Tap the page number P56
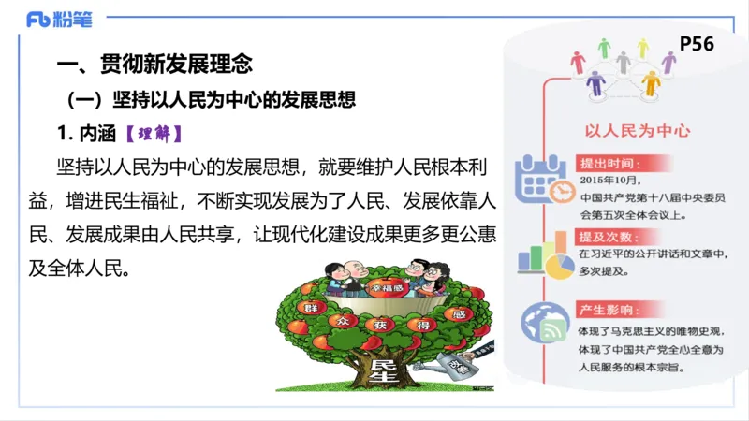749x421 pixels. [x=696, y=45]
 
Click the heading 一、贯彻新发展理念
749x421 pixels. [x=154, y=65]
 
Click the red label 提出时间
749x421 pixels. [x=608, y=162]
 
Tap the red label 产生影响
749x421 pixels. [x=608, y=311]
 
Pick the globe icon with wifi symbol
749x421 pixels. [x=545, y=325]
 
